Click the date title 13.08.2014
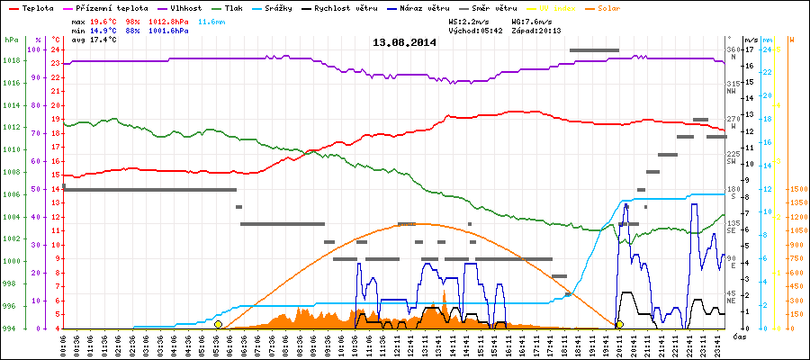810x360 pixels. [404, 42]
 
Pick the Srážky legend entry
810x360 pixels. [282, 8]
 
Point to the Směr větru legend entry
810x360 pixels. [493, 8]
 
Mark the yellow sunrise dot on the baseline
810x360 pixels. [218, 324]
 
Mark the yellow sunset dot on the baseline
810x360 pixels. [619, 324]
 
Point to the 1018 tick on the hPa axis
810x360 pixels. [11, 60]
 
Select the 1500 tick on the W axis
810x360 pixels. [796, 189]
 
